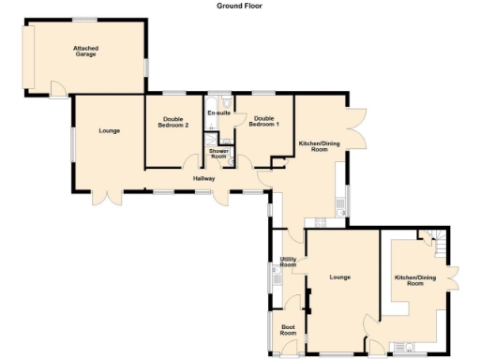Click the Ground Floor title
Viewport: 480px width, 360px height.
click(240, 6)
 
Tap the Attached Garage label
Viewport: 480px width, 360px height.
click(87, 51)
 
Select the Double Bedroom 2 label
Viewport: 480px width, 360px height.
click(172, 123)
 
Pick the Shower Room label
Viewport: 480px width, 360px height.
click(218, 153)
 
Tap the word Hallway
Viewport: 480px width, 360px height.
click(204, 178)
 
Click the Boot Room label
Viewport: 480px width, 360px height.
click(288, 330)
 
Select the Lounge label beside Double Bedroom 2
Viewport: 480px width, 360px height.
click(109, 130)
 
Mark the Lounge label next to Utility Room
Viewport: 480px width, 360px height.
click(339, 277)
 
